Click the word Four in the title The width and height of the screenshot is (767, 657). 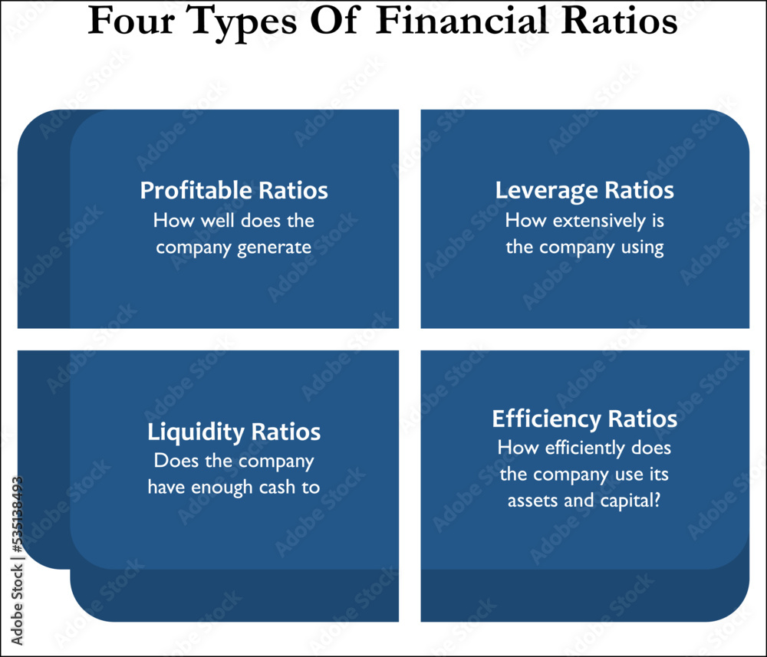pyautogui.click(x=131, y=21)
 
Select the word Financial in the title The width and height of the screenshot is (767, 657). pyautogui.click(x=461, y=21)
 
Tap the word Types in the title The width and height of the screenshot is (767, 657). pyautogui.click(x=241, y=25)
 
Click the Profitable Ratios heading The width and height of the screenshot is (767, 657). pyautogui.click(x=234, y=190)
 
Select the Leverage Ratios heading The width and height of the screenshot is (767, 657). pyautogui.click(x=584, y=191)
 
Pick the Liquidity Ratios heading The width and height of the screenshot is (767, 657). pyautogui.click(x=234, y=432)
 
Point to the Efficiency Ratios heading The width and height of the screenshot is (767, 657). pyautogui.click(x=584, y=419)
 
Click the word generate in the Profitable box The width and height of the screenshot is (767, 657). pyautogui.click(x=275, y=248)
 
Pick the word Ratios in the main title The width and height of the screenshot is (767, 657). pyautogui.click(x=619, y=21)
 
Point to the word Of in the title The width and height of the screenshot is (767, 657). pyautogui.click(x=336, y=21)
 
